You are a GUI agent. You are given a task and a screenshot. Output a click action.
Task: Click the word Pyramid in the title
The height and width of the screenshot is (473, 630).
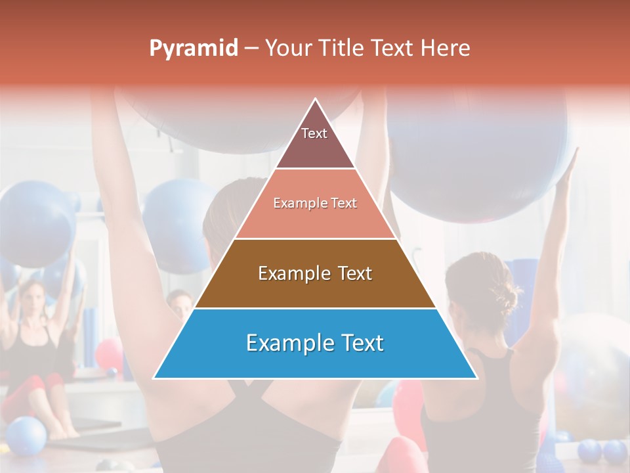click(x=194, y=49)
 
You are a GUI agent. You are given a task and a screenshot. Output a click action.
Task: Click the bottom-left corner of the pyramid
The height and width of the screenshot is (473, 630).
click(x=155, y=377)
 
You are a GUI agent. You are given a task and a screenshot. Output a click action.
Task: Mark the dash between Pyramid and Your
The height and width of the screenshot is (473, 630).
click(x=251, y=49)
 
